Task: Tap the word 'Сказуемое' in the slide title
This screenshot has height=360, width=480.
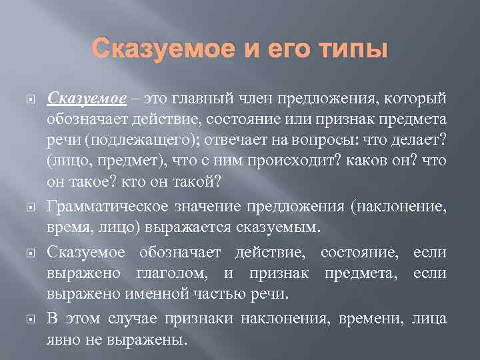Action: [x=160, y=49]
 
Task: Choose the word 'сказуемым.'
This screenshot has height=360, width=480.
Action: [x=279, y=228]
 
